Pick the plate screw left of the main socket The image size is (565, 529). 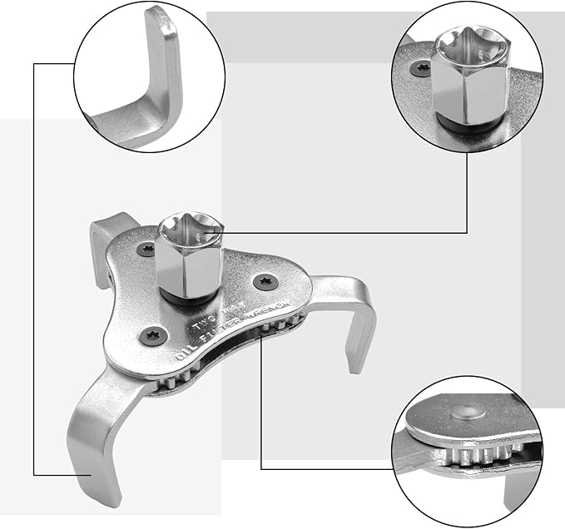[x=149, y=248]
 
